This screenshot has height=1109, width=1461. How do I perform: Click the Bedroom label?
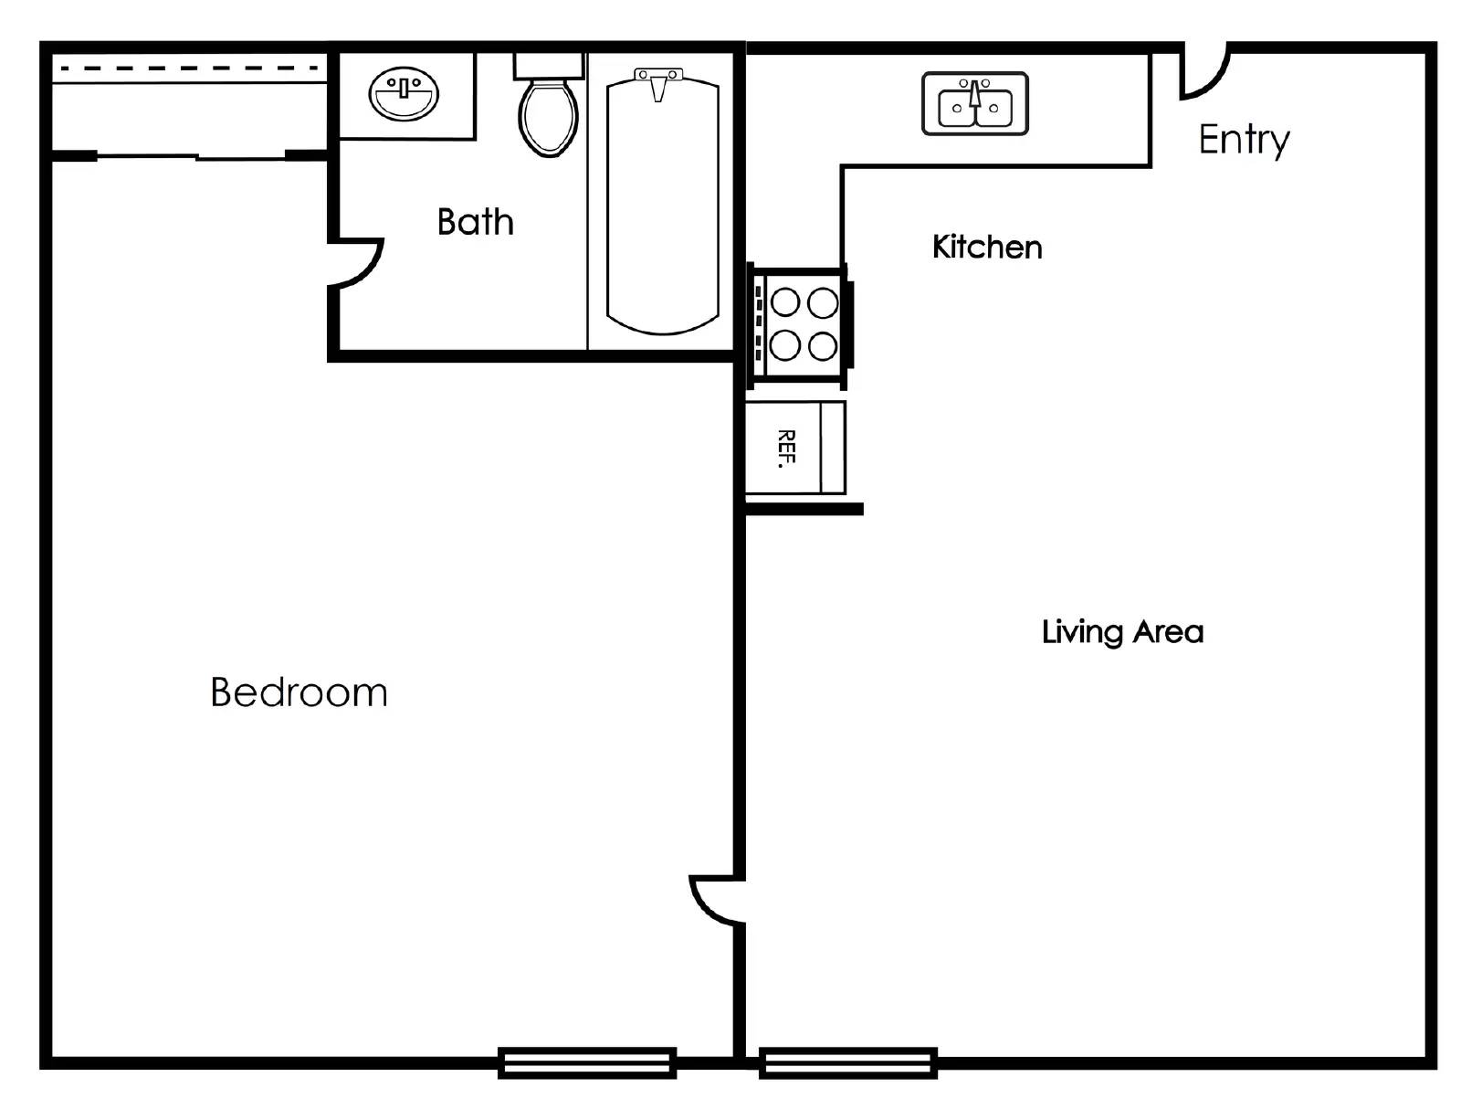coord(299,692)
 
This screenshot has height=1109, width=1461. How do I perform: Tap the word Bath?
coord(475,222)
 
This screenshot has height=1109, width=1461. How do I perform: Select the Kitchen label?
coord(986,247)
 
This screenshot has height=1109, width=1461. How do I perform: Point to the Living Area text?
coord(1122,632)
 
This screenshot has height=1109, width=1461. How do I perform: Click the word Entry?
coord(1244,140)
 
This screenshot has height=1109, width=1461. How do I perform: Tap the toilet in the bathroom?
coord(548,117)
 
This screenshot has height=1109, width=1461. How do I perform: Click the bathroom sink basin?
coord(404,94)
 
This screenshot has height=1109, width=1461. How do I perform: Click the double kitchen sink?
coord(975,104)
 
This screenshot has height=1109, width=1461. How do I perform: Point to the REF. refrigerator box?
coord(794,448)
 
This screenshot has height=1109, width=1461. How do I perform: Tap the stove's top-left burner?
coord(785,301)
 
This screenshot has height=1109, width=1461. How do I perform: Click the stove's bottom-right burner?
coord(823,346)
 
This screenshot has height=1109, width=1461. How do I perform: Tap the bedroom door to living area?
coord(712,903)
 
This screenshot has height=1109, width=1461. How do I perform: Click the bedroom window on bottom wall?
coord(587,1062)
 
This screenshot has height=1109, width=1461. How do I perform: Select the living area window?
coord(848,1062)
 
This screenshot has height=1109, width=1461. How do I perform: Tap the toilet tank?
coord(548,65)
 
